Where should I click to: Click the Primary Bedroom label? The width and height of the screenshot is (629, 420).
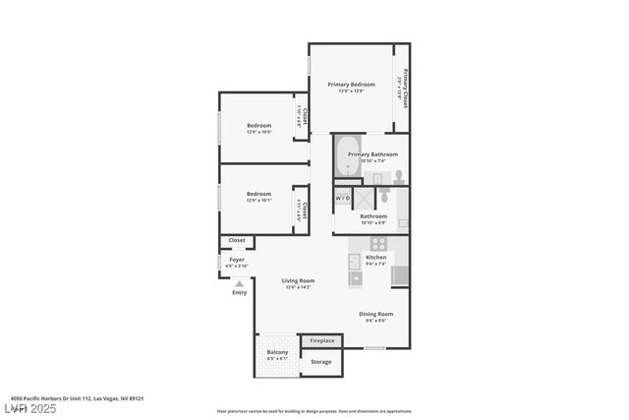point(351,85)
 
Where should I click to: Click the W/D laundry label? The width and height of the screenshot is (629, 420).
point(342,198)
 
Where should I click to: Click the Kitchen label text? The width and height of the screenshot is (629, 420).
point(375,257)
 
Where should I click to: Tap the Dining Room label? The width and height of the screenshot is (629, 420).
point(374,314)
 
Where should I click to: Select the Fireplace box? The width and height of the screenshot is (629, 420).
point(321,340)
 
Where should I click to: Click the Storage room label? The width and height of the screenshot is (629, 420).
point(321,362)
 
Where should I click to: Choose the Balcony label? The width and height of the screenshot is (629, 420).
point(278,352)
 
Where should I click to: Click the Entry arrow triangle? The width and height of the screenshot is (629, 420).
point(239,283)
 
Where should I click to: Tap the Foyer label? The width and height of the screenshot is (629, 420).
point(237,260)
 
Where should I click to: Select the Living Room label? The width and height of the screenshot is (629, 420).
point(297,281)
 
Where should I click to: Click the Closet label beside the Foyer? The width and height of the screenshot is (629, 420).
point(237,240)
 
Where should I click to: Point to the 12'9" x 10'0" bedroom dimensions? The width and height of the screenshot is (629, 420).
point(258,133)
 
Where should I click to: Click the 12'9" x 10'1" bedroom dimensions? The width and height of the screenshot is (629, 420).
point(258,201)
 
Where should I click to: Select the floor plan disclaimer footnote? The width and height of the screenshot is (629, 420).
point(314,411)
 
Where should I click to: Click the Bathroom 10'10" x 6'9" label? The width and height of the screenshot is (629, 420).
point(372,216)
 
